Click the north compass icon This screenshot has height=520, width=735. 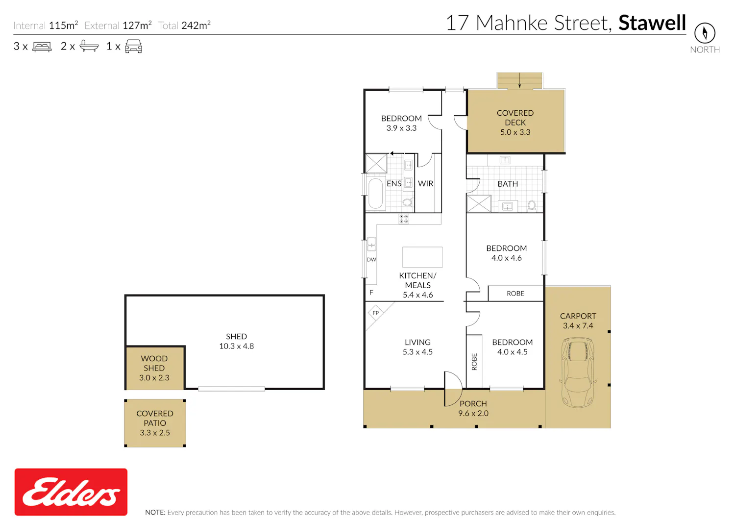click(x=705, y=33)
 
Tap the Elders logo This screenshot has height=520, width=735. click(x=71, y=492)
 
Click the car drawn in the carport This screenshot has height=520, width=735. click(x=578, y=372)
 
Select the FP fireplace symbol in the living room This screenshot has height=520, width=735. click(x=376, y=313)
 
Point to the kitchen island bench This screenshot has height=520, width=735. click(x=422, y=257)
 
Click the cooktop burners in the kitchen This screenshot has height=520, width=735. click(x=404, y=219)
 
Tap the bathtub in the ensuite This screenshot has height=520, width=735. click(x=376, y=194)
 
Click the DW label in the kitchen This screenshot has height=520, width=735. click(x=371, y=260)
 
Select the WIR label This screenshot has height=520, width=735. click(x=425, y=183)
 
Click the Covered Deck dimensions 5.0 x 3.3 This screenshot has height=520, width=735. click(x=515, y=132)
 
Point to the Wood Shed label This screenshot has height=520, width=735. click(x=154, y=363)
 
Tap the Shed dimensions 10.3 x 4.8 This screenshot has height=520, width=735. click(x=236, y=346)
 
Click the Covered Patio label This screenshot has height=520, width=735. click(x=155, y=418)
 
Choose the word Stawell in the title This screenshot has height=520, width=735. click(x=652, y=23)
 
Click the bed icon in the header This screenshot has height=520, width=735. click(x=42, y=47)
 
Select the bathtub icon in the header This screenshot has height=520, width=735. click(x=89, y=46)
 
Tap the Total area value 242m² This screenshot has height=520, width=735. click(x=196, y=25)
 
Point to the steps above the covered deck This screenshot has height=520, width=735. click(x=519, y=81)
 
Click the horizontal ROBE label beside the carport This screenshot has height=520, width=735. click(x=515, y=293)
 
